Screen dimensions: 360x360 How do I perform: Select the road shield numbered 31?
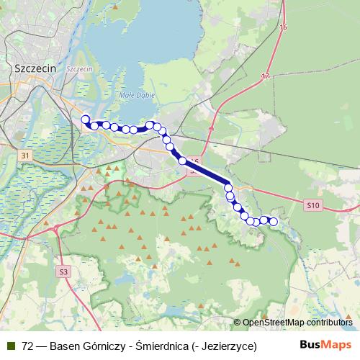(x=26, y=156)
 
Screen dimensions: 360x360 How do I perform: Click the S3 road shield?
(x=64, y=271)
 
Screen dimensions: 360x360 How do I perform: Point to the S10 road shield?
(x=311, y=205)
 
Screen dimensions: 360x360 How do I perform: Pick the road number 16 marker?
(x=282, y=27)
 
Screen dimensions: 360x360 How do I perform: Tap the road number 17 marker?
(x=266, y=76)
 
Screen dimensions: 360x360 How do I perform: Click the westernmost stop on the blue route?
(x=85, y=120)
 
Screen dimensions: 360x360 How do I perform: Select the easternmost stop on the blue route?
(x=274, y=222)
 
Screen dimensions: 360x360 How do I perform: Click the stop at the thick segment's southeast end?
(x=228, y=187)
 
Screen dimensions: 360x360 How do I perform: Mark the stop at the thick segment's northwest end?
(x=183, y=161)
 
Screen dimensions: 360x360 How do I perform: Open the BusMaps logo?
(x=325, y=345)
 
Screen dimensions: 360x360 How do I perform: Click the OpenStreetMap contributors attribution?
(x=297, y=323)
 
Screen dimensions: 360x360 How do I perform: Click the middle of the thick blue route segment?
(x=206, y=174)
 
